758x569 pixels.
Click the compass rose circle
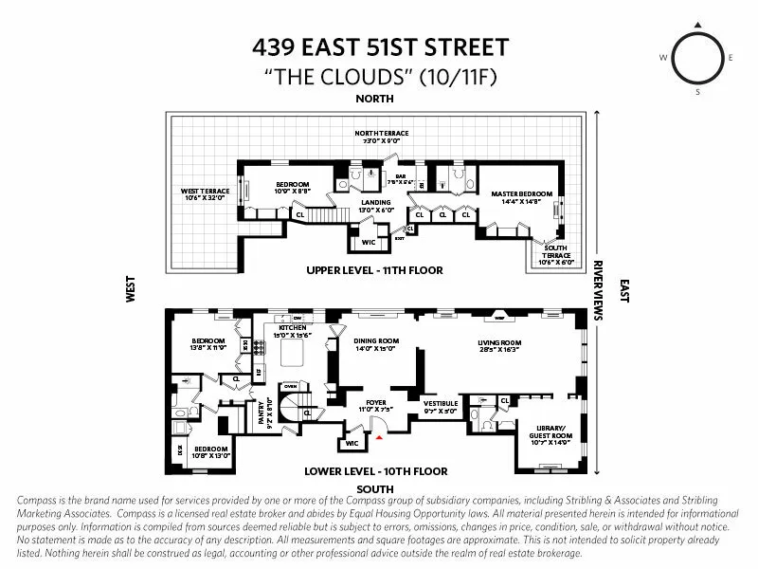point(697,58)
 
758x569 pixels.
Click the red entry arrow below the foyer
point(380,438)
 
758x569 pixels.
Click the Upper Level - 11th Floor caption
point(374,270)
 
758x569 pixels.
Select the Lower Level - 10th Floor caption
point(376,471)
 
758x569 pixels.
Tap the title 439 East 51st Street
point(379,46)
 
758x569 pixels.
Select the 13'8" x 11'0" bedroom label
point(208,344)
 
